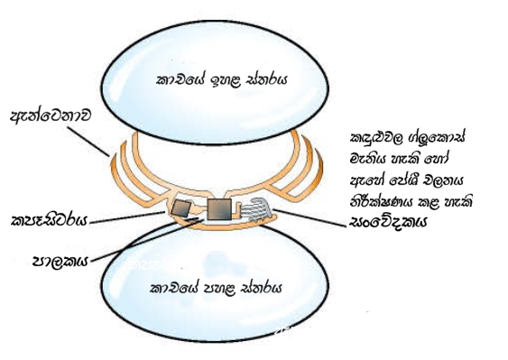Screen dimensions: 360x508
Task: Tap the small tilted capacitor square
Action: (x=183, y=208)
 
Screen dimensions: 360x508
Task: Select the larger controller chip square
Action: (x=220, y=209)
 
